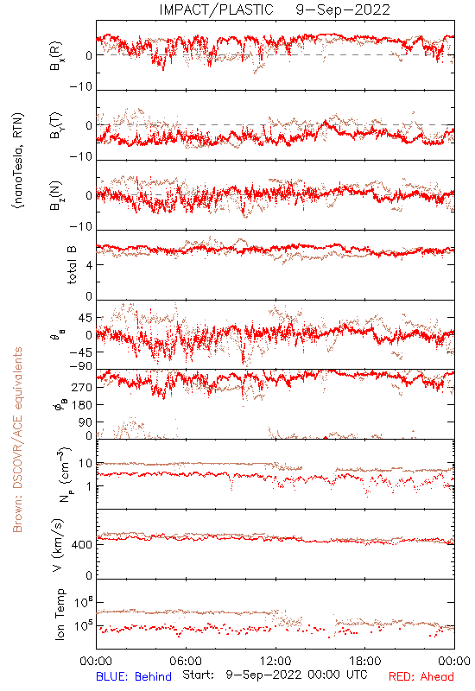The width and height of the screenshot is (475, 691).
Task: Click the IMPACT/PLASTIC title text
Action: click(x=217, y=10)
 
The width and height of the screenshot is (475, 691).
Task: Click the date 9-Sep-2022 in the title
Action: click(x=343, y=10)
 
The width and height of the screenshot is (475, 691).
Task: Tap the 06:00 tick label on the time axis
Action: click(x=186, y=661)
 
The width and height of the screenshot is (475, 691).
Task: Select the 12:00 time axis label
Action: click(x=275, y=661)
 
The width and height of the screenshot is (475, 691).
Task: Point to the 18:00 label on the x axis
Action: click(x=365, y=661)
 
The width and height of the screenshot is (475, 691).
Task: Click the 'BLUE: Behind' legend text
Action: click(x=134, y=676)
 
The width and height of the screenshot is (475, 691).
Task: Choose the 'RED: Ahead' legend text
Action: click(x=421, y=676)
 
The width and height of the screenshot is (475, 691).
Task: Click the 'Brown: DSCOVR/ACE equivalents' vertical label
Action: click(x=17, y=440)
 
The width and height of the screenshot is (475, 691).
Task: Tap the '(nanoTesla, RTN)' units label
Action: click(x=18, y=160)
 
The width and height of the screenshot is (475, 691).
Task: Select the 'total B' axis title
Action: click(x=72, y=265)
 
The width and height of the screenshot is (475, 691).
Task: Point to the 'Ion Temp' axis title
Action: click(x=60, y=614)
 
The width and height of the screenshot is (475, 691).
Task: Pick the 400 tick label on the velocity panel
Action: click(x=82, y=545)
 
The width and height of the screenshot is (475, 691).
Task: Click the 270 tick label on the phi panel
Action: click(x=82, y=387)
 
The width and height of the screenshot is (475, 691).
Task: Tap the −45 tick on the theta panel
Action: click(x=81, y=352)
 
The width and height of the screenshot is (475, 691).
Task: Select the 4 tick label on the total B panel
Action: click(x=89, y=265)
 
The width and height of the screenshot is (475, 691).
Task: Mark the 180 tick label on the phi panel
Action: click(x=82, y=404)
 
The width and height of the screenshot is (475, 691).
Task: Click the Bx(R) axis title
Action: click(x=56, y=56)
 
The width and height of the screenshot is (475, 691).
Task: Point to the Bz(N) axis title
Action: click(x=56, y=196)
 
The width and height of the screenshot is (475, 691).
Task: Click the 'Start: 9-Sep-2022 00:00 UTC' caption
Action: click(x=275, y=675)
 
